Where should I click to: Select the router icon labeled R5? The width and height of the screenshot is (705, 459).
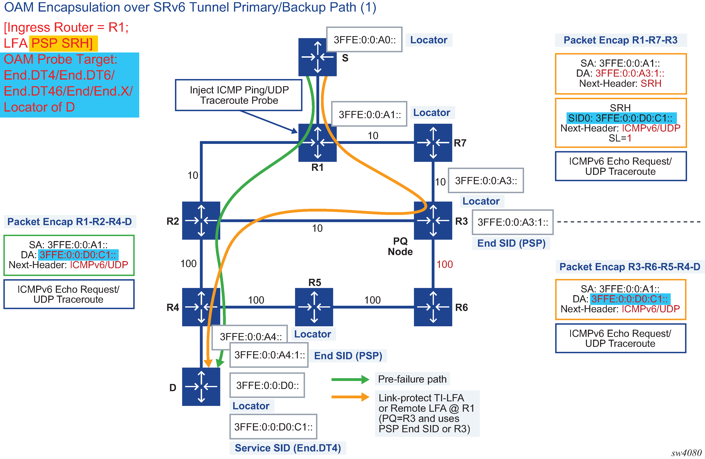pos(314,307)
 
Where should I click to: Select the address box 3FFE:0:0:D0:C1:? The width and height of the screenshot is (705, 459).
pos(273,427)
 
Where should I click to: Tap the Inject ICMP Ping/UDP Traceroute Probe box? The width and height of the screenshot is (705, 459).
pos(239,95)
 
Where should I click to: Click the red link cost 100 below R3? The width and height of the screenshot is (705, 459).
pos(445,264)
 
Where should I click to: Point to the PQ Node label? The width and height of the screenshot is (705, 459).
pos(400,246)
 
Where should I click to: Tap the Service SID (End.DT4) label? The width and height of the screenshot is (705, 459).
pos(288,448)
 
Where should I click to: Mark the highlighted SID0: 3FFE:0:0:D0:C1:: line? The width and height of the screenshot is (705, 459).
pos(621,118)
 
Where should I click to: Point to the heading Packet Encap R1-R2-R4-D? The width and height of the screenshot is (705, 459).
pos(70,222)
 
